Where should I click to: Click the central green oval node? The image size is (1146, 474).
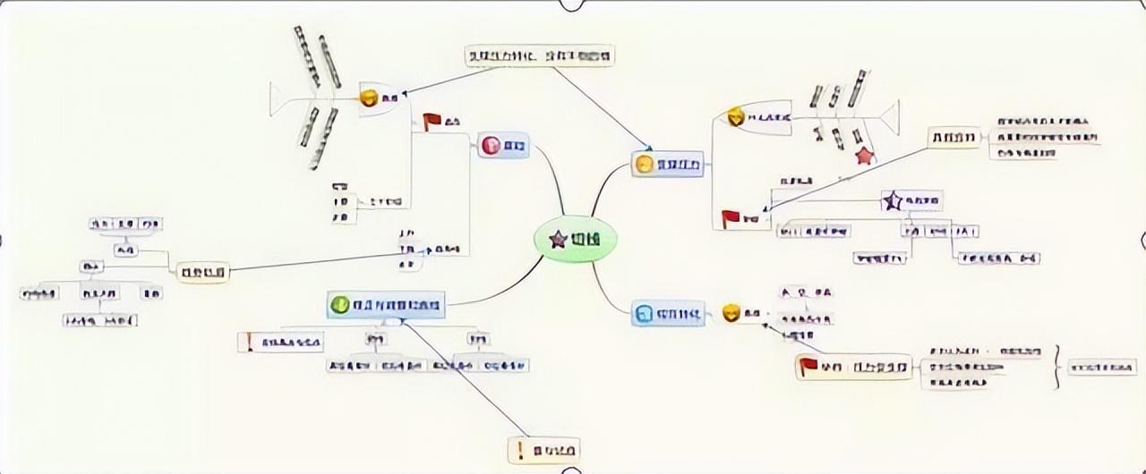tap(576, 239)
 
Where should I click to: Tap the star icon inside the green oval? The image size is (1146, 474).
tap(558, 239)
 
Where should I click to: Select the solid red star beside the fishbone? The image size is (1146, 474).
tap(864, 156)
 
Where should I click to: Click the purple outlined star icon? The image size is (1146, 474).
tap(892, 200)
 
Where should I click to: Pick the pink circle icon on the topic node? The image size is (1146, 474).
tap(490, 145)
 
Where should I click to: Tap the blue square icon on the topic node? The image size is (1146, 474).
tap(644, 313)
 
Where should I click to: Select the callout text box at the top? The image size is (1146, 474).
tap(542, 55)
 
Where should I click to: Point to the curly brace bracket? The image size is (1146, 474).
tap(1058, 367)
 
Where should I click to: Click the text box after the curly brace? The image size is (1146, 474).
tap(1102, 367)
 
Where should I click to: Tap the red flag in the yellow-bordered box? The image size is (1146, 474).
tap(808, 366)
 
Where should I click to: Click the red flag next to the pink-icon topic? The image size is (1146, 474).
tap(433, 122)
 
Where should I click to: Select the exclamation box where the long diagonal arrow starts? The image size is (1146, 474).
tap(544, 449)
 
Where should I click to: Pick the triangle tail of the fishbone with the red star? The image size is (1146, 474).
tap(889, 117)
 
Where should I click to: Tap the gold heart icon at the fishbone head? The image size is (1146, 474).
tap(735, 116)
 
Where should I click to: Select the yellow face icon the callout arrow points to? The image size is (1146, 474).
tap(643, 164)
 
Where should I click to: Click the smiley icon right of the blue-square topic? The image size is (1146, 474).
tap(731, 312)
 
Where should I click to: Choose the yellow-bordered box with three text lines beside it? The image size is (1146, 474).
tap(954, 137)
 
